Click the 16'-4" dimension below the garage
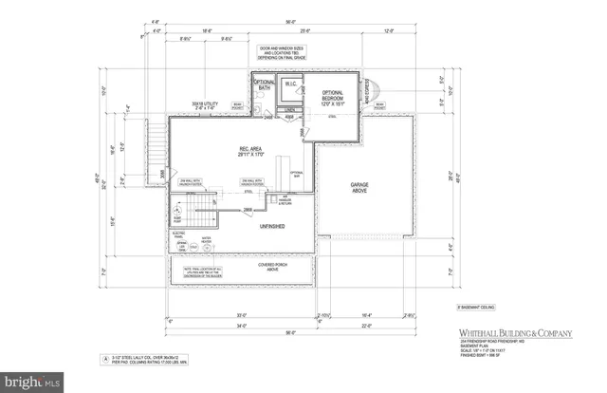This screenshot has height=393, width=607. [366, 312]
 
